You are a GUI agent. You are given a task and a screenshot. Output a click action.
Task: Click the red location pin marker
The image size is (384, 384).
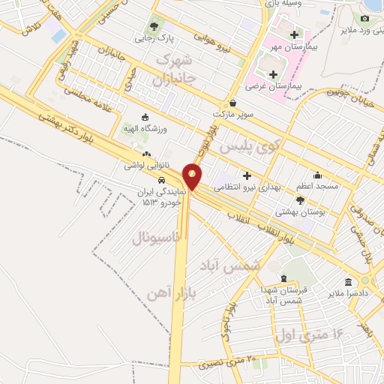click(193, 175)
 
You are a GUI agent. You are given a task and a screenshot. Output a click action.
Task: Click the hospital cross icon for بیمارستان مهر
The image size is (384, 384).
click(295, 34)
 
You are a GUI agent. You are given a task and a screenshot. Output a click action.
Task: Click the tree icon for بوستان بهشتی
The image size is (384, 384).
click(301, 200)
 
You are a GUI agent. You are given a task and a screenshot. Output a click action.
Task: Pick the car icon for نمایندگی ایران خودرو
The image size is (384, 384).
click(161, 181)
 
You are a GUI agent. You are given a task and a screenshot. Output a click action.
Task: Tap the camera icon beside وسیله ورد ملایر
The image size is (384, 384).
click(365, 17)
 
